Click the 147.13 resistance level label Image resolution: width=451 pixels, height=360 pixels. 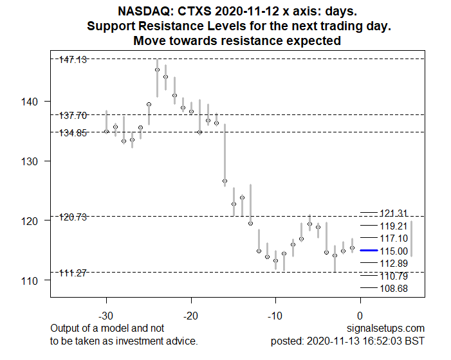pos(73,59)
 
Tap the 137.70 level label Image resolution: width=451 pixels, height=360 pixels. pos(73,116)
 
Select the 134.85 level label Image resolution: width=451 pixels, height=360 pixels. pos(73,132)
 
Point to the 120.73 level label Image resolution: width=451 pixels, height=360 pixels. pos(73,217)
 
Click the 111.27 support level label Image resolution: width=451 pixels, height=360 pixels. pos(73,273)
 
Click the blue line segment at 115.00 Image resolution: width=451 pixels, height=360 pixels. pos(368,250)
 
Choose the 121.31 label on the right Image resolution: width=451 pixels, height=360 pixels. pos(393,213)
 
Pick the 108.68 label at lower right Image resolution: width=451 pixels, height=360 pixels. pos(393,289)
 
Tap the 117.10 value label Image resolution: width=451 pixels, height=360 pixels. pos(393,239)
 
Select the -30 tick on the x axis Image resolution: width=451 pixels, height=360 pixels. pos(106,316)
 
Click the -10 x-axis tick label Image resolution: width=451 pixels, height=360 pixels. pos(275,316)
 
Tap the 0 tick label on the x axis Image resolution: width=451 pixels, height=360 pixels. pos(360,316)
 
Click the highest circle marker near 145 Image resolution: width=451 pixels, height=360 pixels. pos(157,69)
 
